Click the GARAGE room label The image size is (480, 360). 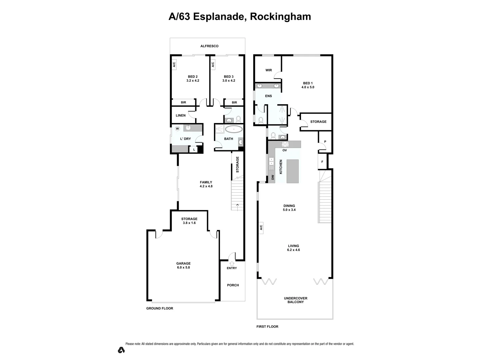pos(183,263)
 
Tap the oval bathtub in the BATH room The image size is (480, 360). pos(234,129)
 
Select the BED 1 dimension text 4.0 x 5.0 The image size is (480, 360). pos(308,87)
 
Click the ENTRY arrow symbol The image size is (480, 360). pos(232,264)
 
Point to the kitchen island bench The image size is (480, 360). pos(293,171)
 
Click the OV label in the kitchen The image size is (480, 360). pos(285,150)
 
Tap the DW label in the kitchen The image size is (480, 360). pos(273,177)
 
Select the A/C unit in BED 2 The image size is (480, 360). pos(174,64)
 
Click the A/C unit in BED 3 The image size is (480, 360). pos(213,64)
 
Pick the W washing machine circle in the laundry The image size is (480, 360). pos(177,129)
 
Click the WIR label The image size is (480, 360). pos(269,70)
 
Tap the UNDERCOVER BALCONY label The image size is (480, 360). pos(295,300)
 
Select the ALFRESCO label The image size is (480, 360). pos(209,46)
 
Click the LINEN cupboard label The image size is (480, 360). pos(181,116)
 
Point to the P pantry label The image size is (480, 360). pos(325,142)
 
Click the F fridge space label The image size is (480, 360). pos(322,162)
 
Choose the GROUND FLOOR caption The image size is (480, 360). pos(160,308)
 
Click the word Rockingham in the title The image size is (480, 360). pos(280,17)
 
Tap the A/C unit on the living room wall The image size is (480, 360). pos(261,227)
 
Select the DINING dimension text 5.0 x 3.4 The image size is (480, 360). pos(289,210)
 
